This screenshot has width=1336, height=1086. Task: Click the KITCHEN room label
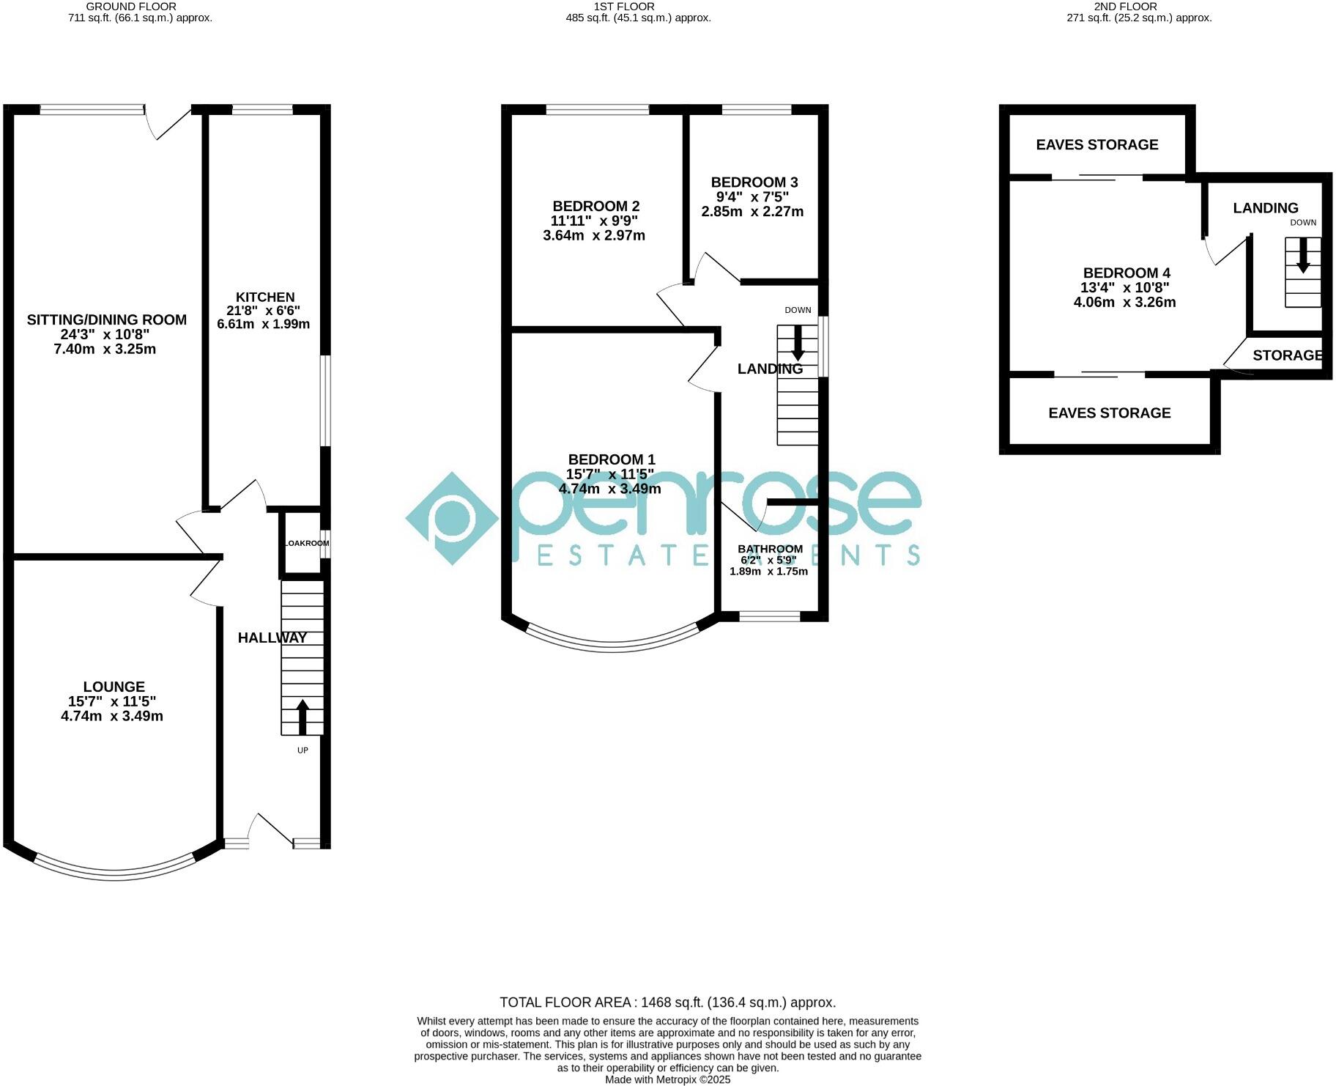click(265, 298)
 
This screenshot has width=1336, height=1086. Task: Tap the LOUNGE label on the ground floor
click(114, 687)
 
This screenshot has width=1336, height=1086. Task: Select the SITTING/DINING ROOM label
click(107, 320)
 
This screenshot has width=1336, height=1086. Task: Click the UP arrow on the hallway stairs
click(302, 717)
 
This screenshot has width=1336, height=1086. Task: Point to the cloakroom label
click(306, 544)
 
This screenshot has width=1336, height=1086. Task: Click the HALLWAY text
click(272, 638)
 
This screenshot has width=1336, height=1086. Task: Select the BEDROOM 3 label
click(754, 182)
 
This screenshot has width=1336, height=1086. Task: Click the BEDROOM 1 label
click(612, 459)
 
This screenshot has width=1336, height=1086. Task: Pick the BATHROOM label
click(770, 549)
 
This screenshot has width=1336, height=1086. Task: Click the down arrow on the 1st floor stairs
click(798, 341)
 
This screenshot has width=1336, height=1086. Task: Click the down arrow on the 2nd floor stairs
click(1302, 256)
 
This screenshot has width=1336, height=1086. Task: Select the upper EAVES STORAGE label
click(1097, 145)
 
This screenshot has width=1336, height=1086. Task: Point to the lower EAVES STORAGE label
click(1110, 413)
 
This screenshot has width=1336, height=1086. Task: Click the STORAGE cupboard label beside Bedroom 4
click(1287, 356)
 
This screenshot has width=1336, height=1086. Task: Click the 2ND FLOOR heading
click(1136, 7)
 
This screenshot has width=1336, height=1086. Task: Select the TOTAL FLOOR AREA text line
click(667, 1002)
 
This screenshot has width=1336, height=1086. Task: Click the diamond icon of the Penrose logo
click(452, 518)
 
